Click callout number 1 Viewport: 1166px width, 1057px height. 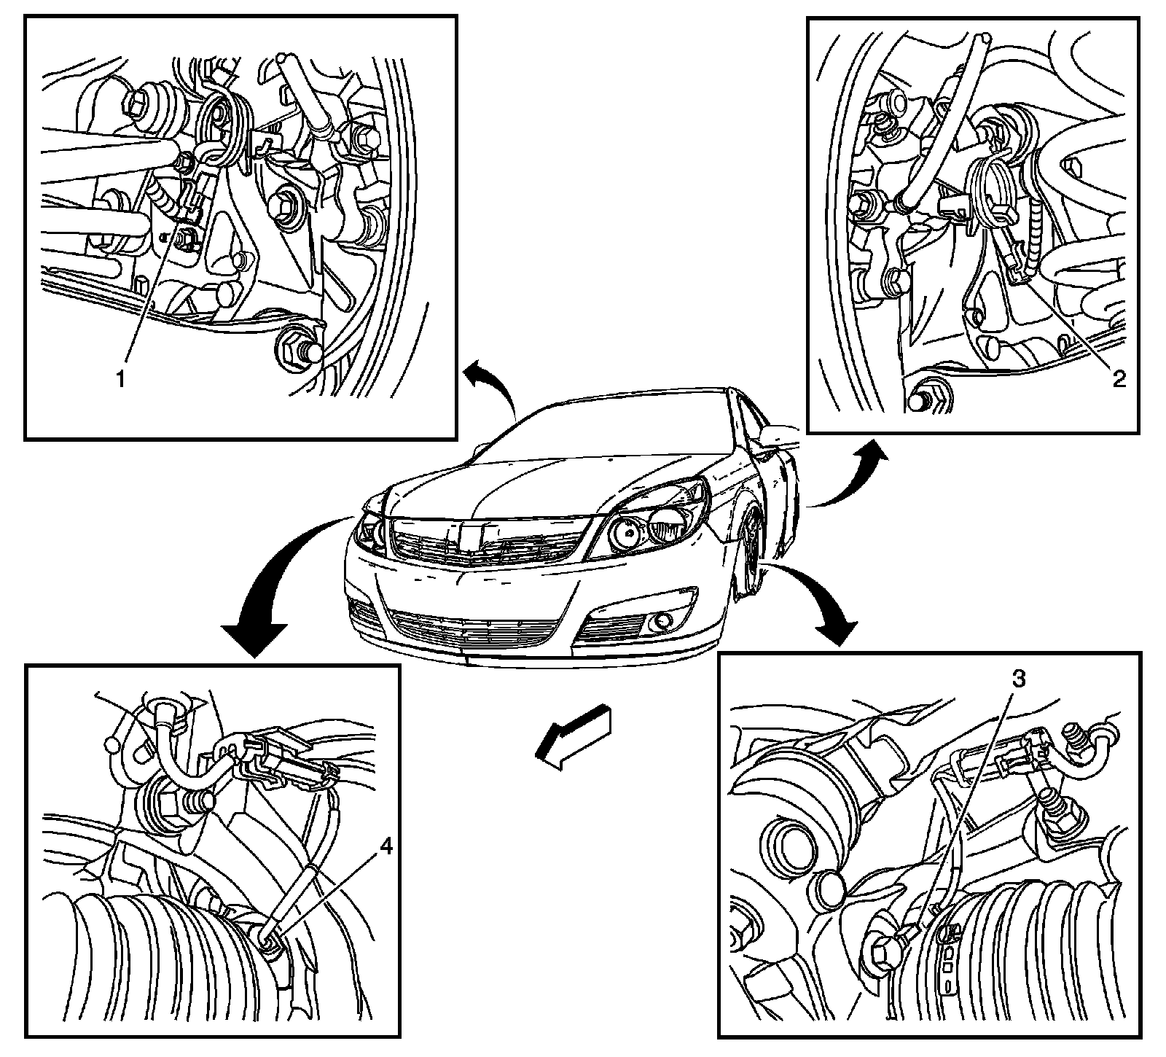[123, 379]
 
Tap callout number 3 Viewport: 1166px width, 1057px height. [1019, 679]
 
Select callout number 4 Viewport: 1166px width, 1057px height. [386, 847]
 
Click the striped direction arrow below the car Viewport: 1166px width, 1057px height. [571, 736]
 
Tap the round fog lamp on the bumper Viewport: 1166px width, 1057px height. [662, 620]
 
